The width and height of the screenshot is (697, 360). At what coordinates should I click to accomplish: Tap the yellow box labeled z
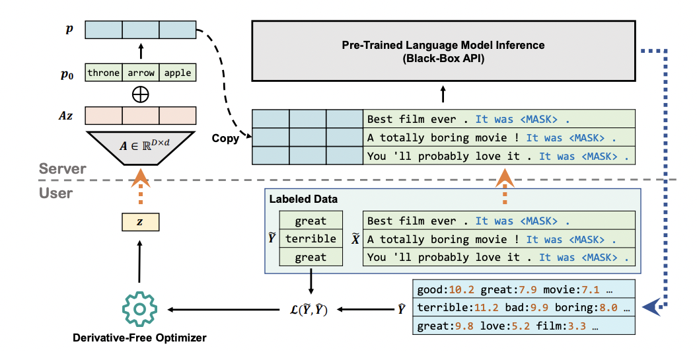pyautogui.click(x=139, y=223)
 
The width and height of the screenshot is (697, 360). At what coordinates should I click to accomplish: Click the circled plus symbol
pyautogui.click(x=140, y=94)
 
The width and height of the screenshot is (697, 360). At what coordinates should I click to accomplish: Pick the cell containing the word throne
pyautogui.click(x=104, y=73)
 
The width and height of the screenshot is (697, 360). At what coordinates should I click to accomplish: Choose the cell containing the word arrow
pyautogui.click(x=140, y=73)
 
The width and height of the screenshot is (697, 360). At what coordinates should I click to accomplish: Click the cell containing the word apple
pyautogui.click(x=178, y=73)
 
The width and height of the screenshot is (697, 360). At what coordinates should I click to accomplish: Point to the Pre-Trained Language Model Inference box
pyautogui.click(x=443, y=52)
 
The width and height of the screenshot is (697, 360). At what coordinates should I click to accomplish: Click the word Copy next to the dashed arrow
pyautogui.click(x=225, y=139)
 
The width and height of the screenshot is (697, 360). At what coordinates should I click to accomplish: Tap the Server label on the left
pyautogui.click(x=62, y=169)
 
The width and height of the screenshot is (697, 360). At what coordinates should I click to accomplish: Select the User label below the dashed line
pyautogui.click(x=55, y=193)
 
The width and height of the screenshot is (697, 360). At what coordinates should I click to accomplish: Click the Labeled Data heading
pyautogui.click(x=303, y=199)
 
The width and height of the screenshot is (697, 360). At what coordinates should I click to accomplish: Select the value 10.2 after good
pyautogui.click(x=460, y=289)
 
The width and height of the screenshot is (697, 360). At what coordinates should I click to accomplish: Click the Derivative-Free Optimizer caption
pyautogui.click(x=139, y=338)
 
